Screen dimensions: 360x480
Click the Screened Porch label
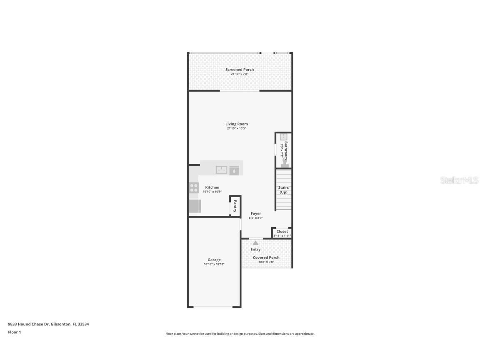240,70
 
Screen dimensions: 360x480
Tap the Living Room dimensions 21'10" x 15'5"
237,128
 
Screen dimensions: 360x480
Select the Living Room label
237,124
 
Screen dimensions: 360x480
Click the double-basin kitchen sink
221,170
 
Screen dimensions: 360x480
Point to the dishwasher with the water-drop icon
235,170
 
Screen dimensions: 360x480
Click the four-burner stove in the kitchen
194,188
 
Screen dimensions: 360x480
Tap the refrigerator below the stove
195,206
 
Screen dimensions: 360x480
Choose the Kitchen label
212,187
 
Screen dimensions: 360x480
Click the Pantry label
235,206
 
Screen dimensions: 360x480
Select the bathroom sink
283,137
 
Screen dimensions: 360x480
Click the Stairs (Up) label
283,190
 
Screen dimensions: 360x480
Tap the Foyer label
256,213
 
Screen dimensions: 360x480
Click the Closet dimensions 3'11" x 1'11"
282,236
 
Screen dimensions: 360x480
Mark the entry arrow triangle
255,242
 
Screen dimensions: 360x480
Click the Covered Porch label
266,257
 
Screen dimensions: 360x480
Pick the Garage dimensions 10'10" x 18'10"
214,264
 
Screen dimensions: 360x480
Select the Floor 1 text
14,332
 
